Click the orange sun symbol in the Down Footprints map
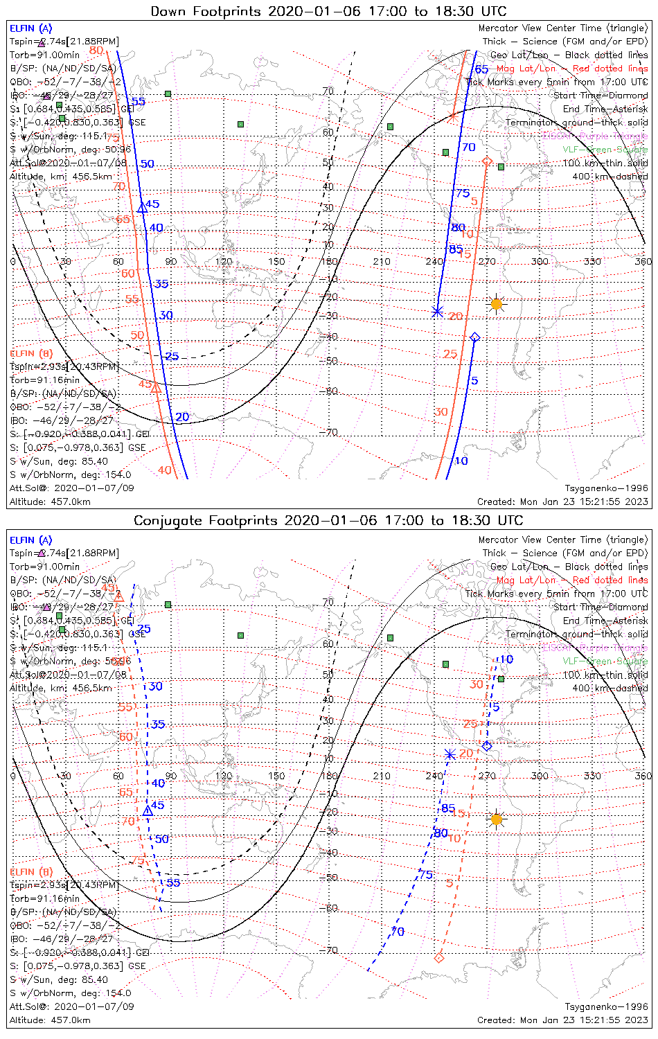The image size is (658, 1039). coord(496,303)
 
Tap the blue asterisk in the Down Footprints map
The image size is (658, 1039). coord(437,311)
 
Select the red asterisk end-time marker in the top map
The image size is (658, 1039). coord(452,116)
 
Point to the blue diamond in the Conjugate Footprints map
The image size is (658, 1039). coord(487,746)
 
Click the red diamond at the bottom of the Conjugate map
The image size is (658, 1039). coord(438,958)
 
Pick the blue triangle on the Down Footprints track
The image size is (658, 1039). coord(142,207)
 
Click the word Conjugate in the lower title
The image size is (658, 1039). coord(169,520)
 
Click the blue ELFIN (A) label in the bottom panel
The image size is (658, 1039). coord(31,540)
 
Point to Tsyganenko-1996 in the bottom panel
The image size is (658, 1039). coord(606,1006)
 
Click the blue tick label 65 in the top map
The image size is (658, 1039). coord(481,69)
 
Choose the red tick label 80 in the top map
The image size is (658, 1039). coord(96,50)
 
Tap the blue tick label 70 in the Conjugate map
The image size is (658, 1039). coord(398,932)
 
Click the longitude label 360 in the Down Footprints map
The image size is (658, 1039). coord(643,261)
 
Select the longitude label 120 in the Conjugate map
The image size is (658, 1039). coord(224,776)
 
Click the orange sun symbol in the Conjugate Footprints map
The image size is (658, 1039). coord(496,819)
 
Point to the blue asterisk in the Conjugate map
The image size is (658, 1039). coord(450,754)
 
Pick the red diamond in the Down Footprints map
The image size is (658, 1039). coord(487,161)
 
